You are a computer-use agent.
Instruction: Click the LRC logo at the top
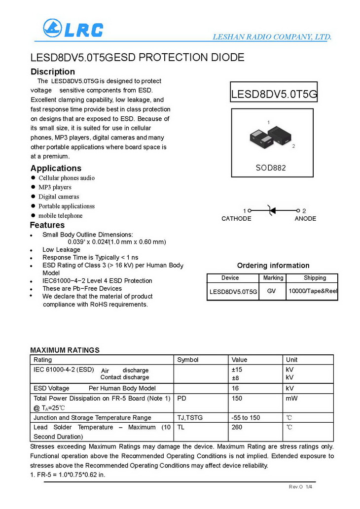tap(73, 29)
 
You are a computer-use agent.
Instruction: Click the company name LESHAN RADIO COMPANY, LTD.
tap(272, 37)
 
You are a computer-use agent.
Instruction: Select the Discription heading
tap(53, 71)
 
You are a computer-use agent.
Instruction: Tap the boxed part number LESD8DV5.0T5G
tap(274, 94)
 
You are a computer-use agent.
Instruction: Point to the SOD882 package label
tap(270, 168)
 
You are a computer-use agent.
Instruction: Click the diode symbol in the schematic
tap(271, 211)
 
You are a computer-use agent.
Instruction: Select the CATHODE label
tap(236, 219)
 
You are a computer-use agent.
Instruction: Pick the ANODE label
tap(305, 219)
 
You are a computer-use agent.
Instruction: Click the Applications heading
tap(56, 168)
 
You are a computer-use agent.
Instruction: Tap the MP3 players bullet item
tap(55, 187)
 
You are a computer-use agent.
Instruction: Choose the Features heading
tap(47, 225)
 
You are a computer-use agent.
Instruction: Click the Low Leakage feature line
tap(61, 250)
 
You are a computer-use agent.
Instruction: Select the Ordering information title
tap(273, 266)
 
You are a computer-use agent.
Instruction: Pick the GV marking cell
tap(271, 291)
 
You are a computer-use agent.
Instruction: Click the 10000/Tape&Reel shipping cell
tap(313, 291)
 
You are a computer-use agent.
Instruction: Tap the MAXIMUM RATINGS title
tap(65, 350)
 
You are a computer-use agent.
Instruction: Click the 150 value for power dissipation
tap(237, 398)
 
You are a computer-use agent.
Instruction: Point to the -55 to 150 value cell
tap(246, 418)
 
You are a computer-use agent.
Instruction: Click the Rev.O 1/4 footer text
tap(300, 487)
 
